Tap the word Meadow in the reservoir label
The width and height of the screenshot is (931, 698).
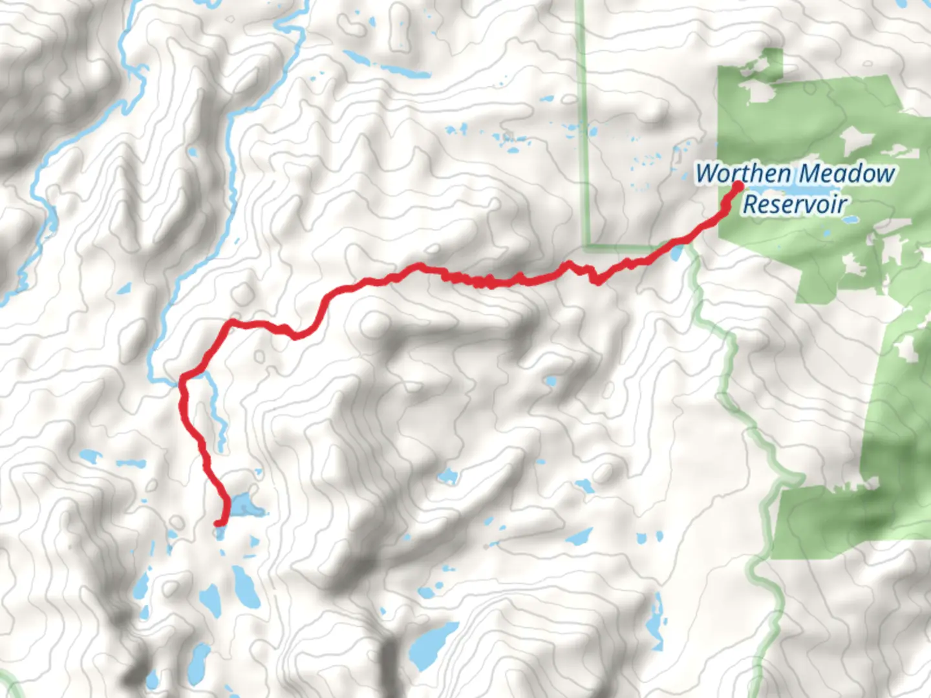(847, 174)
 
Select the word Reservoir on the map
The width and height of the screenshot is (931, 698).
(795, 204)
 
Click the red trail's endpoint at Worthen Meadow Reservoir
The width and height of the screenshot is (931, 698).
(736, 187)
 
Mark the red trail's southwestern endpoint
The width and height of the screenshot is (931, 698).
(219, 522)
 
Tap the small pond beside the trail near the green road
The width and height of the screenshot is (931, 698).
(676, 253)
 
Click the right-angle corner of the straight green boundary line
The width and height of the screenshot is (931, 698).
(587, 246)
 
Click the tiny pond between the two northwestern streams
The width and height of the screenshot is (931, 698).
(191, 153)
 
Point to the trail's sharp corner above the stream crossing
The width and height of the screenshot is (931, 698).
(230, 322)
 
